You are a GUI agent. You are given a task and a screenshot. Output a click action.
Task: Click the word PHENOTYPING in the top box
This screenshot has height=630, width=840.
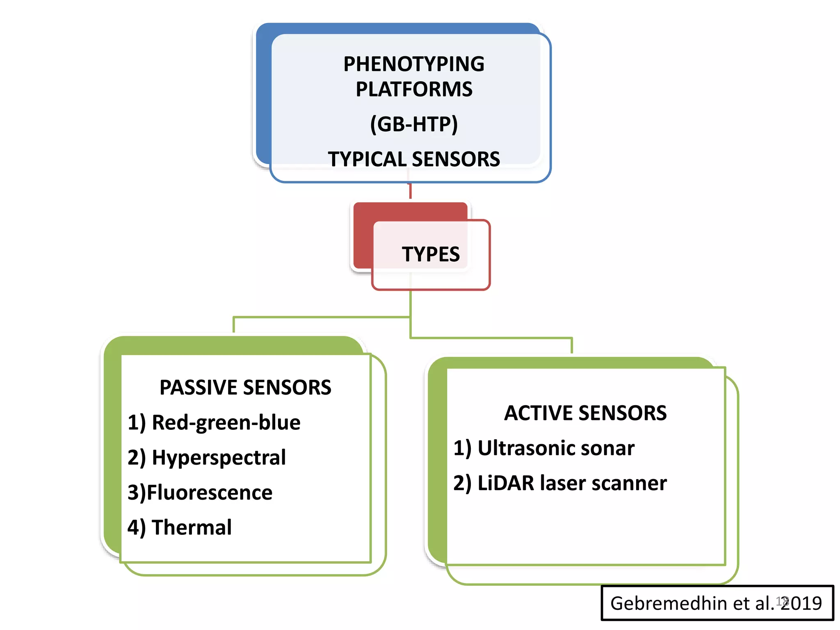413,64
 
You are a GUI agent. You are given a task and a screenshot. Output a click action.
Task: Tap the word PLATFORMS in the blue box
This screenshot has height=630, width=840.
413,89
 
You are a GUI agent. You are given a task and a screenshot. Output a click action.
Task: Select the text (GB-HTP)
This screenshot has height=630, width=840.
413,124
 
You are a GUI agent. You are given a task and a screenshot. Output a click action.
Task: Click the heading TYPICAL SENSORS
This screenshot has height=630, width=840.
413,159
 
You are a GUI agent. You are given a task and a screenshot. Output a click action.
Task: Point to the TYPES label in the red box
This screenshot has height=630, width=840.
431,254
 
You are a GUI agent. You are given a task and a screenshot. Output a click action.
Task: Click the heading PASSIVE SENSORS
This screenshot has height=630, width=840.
245,388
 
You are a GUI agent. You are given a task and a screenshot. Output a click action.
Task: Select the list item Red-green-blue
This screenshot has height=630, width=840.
226,422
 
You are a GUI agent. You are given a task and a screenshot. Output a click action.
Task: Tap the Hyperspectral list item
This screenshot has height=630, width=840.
218,457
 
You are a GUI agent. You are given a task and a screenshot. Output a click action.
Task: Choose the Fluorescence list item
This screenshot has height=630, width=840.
209,493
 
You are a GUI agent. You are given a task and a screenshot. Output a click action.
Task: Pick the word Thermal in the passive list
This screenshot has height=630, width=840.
192,527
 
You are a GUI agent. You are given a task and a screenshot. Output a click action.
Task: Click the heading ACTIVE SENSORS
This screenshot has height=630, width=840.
585,413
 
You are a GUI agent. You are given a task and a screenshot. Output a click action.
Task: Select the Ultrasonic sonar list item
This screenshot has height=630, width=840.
556,448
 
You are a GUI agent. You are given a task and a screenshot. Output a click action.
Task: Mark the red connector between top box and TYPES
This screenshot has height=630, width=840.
410,191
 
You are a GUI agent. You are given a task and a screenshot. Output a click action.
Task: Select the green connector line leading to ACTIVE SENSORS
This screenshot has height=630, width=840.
492,338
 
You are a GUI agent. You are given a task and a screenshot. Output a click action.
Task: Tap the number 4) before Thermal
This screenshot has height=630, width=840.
136,528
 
